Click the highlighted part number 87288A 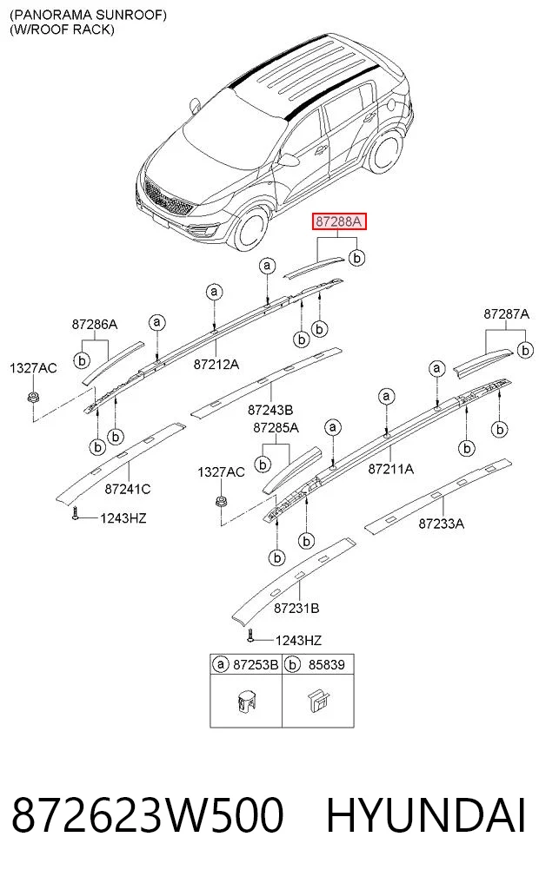(x=340, y=221)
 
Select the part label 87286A (x=94, y=325)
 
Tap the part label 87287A (x=506, y=314)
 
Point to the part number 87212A (x=216, y=365)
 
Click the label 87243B (x=270, y=411)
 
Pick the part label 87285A (x=276, y=428)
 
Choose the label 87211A (x=390, y=469)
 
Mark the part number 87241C (x=128, y=490)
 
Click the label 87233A (x=442, y=524)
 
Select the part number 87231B (x=296, y=608)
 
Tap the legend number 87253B (x=256, y=664)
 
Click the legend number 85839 (x=327, y=664)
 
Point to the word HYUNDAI (x=426, y=815)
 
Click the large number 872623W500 (x=147, y=815)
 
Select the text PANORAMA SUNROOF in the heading (x=88, y=16)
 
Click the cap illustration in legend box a (x=244, y=702)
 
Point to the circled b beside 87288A (x=357, y=257)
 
